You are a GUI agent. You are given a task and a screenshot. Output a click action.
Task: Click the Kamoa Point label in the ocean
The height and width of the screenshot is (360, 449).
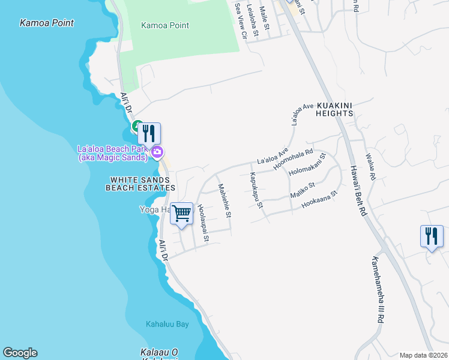click(47, 23)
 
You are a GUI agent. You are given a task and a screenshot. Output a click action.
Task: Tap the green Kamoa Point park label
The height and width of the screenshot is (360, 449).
click(164, 26)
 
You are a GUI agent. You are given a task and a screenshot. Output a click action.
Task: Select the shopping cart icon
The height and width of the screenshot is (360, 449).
click(182, 213)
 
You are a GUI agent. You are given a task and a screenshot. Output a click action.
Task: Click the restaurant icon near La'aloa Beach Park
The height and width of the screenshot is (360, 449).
click(149, 133)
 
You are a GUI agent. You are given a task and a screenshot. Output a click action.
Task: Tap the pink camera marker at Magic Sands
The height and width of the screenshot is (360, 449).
click(157, 152)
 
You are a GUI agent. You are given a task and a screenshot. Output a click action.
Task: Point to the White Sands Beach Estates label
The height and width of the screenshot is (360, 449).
click(139, 184)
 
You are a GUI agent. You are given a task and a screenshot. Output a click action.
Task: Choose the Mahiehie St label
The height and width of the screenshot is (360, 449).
click(224, 200)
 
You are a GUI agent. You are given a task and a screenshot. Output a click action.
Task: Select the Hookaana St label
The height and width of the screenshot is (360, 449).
click(321, 199)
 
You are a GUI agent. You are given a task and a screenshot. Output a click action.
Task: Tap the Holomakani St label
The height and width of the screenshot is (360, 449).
click(307, 164)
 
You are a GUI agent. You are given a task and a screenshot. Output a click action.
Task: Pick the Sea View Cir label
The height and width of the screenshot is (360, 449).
click(241, 21)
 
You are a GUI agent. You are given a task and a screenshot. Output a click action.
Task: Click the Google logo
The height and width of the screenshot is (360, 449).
click(20, 353)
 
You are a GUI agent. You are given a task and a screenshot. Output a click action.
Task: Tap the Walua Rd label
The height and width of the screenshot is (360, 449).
click(372, 168)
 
